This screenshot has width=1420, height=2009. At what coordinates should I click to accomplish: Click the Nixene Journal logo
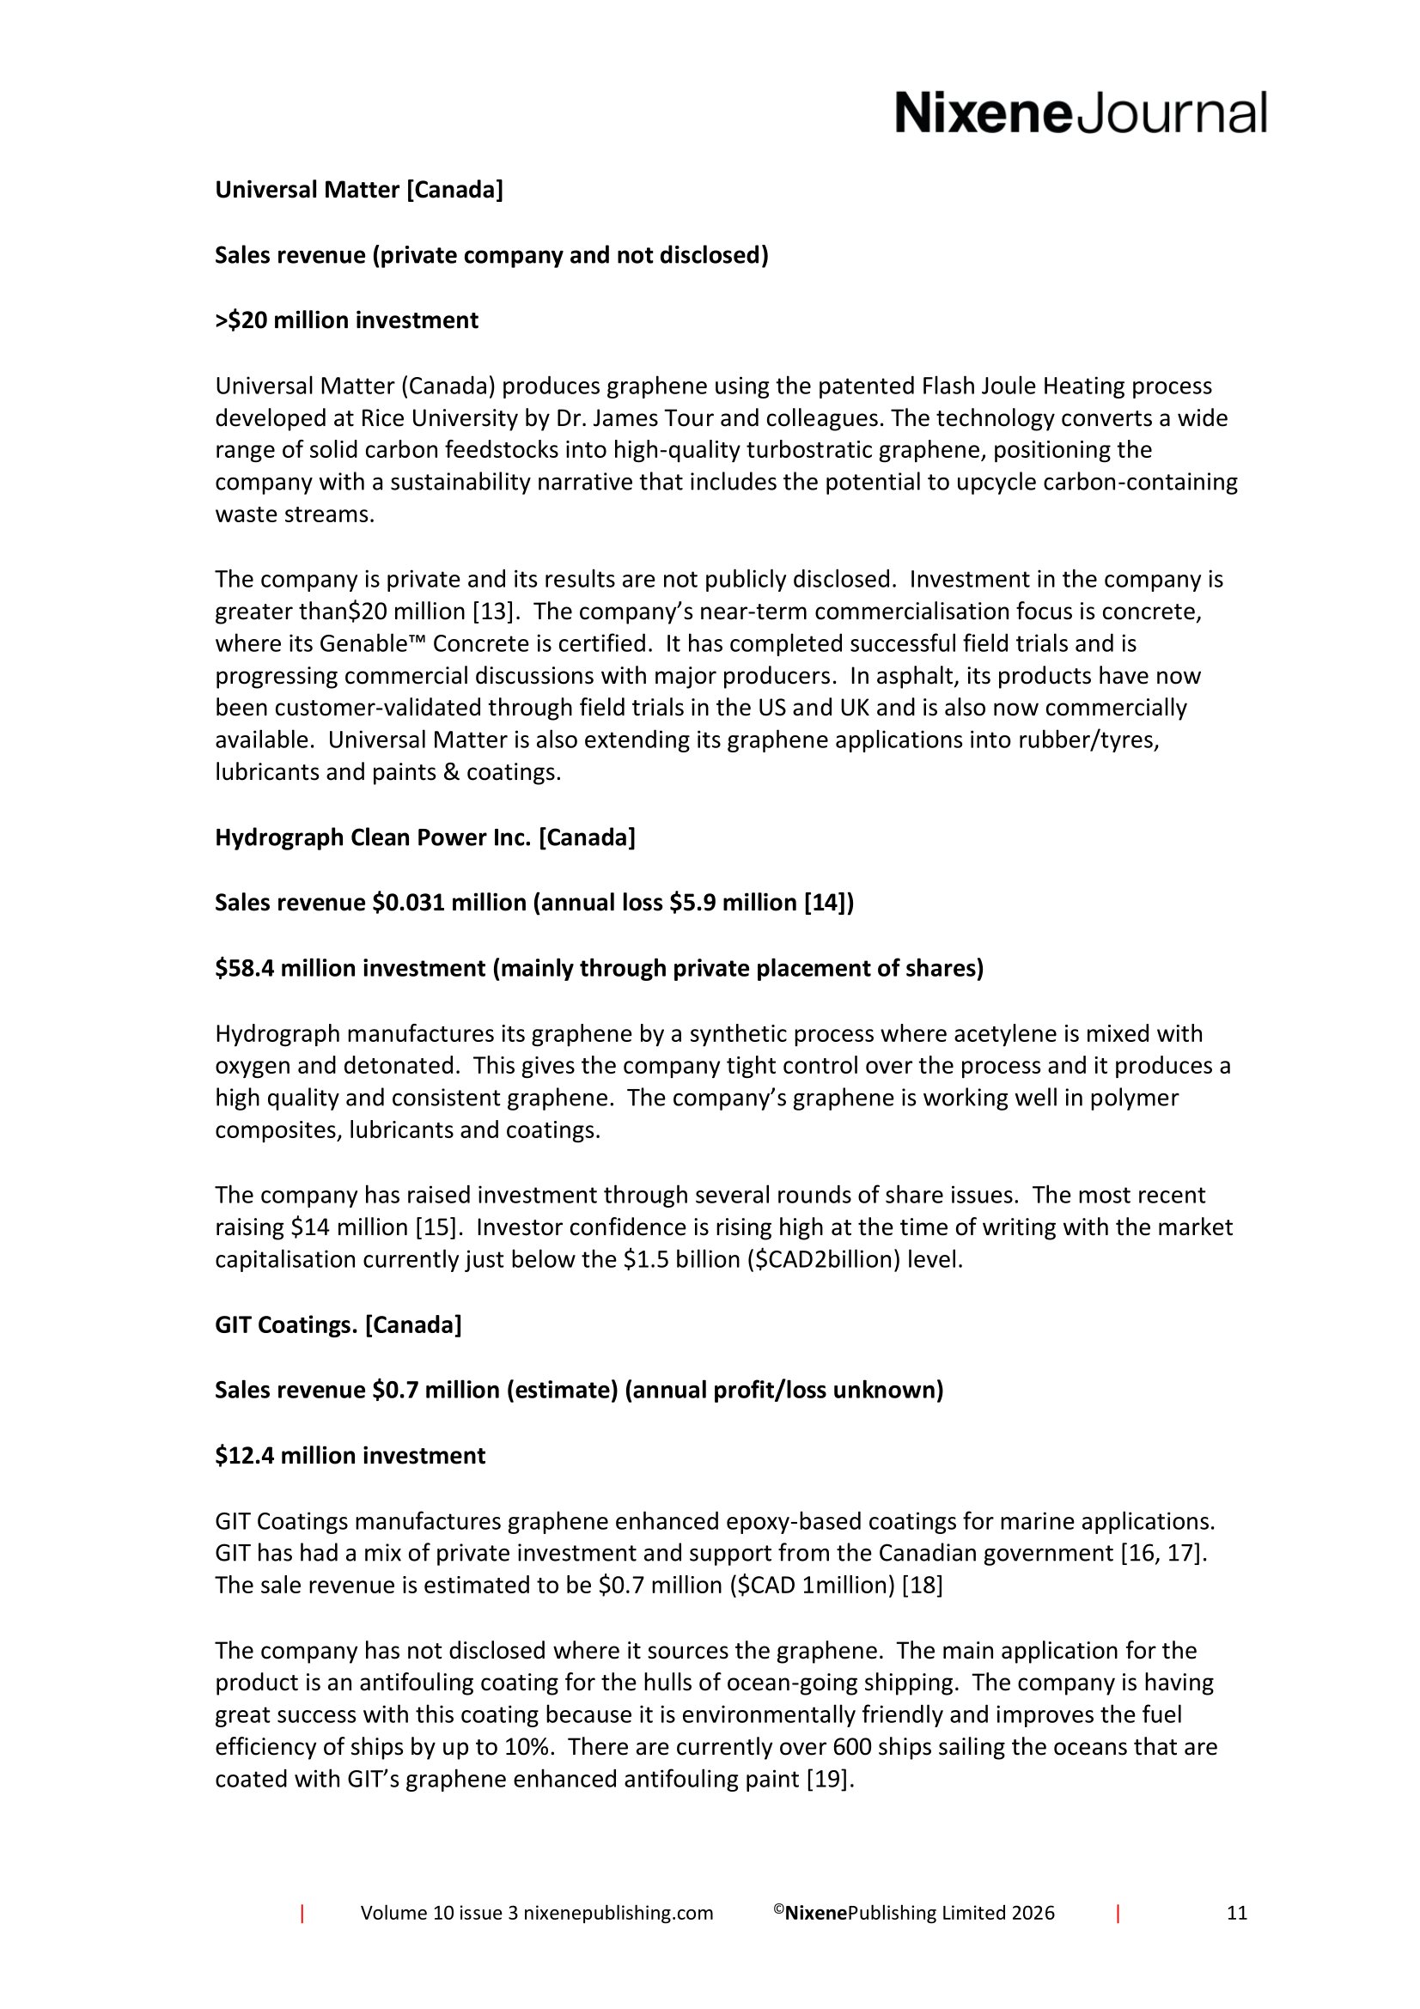tap(1080, 114)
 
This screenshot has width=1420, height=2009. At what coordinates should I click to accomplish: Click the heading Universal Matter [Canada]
tap(359, 190)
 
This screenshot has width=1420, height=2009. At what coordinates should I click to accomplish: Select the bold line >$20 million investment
tap(346, 320)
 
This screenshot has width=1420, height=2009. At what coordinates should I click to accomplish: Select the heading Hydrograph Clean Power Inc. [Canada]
tap(425, 837)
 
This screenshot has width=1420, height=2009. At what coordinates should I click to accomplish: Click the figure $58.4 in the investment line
tap(245, 969)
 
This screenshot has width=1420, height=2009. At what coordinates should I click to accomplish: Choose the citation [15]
tap(437, 1227)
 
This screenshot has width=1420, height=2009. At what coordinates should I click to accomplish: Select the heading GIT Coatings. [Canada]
tap(338, 1324)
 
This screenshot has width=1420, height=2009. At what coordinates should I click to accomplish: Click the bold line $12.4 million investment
tap(350, 1456)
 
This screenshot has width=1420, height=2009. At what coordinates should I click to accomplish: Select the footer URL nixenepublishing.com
tap(618, 1913)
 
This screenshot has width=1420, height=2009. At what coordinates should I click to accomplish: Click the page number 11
tap(1236, 1913)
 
